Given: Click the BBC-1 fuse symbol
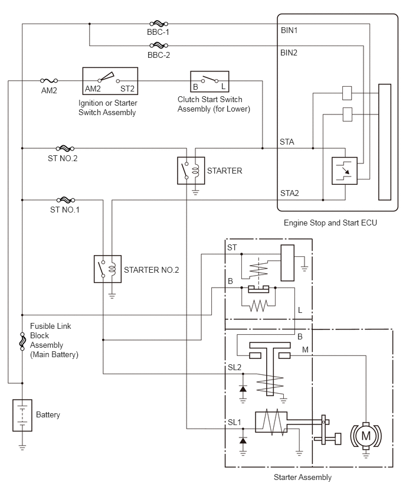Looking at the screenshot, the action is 159,24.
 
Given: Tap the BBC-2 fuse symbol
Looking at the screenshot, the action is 159,45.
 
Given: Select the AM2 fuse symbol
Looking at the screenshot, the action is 49,80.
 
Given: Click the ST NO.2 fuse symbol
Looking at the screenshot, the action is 65,149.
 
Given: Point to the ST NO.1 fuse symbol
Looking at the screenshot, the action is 66,200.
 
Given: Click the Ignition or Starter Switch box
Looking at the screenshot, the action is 110,81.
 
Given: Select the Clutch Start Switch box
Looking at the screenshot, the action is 209,81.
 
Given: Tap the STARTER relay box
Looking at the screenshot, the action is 191,171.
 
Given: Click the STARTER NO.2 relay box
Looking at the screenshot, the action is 108,269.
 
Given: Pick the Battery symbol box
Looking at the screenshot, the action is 22,415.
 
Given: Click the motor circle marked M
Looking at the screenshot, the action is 366,436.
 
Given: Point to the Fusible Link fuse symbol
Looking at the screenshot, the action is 22,341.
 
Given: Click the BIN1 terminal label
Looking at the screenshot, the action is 289,31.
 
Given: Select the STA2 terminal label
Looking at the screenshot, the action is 290,193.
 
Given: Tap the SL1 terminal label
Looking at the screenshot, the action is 234,423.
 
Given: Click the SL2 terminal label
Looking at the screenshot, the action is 234,367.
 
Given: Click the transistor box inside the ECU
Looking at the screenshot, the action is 345,171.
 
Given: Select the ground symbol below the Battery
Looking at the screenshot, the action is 22,446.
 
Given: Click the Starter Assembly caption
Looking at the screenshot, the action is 302,478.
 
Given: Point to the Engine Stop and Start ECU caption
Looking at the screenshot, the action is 330,223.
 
